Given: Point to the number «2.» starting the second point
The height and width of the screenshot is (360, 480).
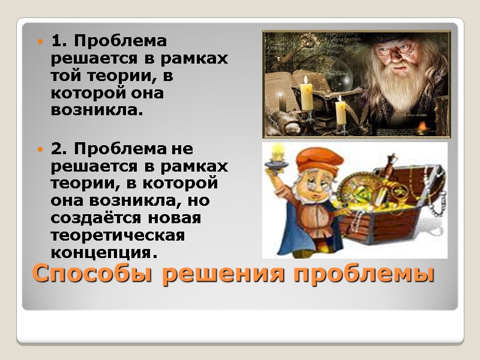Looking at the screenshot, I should tap(59, 148).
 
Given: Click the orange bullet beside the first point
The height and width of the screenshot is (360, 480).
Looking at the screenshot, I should tap(41, 42).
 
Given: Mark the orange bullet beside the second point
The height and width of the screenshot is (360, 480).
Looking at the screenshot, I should tap(41, 148).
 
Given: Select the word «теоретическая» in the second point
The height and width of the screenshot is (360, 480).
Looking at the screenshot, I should tap(112, 235).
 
